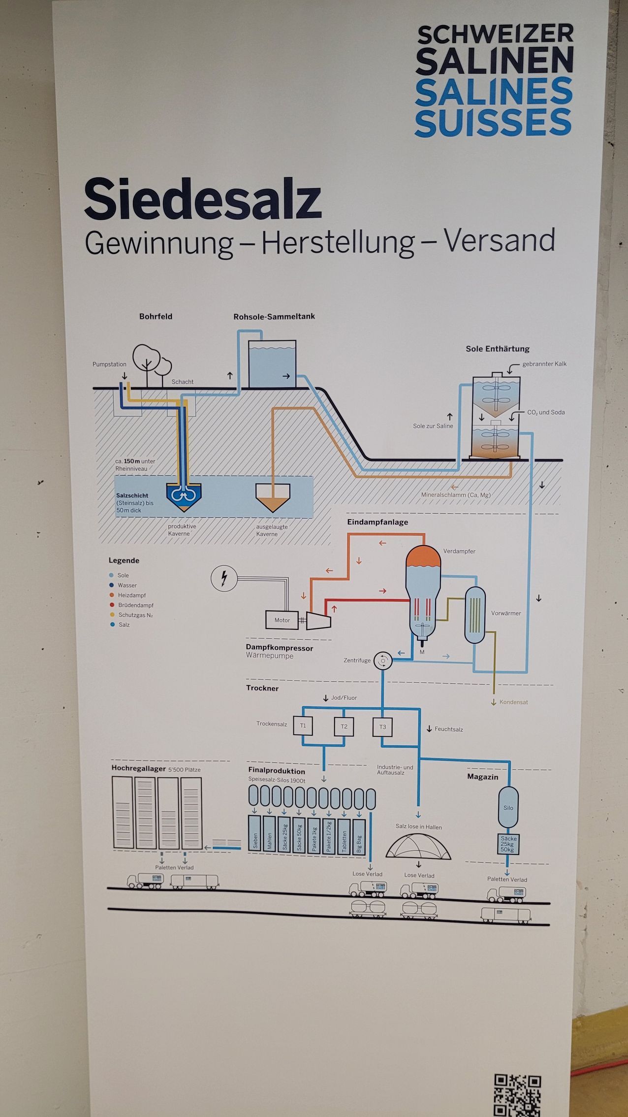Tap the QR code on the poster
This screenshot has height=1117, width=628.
tap(517, 1094)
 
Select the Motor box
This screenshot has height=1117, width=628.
tap(282, 620)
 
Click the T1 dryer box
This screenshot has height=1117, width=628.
tap(303, 725)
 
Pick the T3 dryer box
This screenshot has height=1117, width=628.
tap(382, 726)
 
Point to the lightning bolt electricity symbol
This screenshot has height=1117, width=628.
tap(224, 578)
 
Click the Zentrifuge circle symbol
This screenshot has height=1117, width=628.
tap(382, 660)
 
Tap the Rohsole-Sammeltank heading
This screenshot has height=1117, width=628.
tap(274, 317)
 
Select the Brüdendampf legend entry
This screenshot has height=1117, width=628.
tap(135, 605)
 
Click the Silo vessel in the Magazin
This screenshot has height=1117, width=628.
tap(508, 808)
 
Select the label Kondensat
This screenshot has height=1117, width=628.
tap(513, 702)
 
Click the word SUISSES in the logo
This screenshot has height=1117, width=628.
tap(493, 123)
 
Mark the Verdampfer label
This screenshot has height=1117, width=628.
tap(459, 551)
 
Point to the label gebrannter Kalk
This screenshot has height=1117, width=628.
tap(544, 364)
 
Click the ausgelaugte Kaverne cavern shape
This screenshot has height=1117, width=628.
tap(273, 496)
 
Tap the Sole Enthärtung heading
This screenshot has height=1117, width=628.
tap(498, 349)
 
